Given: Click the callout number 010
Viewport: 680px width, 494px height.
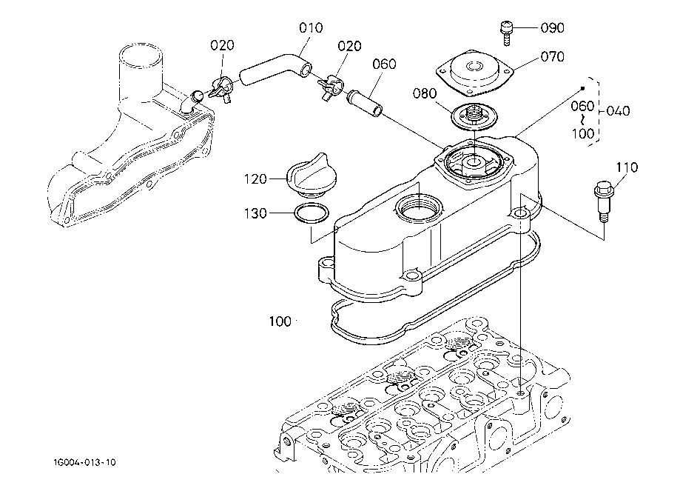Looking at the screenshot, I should (311, 28).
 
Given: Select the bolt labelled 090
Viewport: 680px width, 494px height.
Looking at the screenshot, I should (506, 29).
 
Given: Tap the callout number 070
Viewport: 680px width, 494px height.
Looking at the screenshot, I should (551, 57).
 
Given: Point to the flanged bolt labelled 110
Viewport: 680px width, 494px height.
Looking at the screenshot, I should (602, 199).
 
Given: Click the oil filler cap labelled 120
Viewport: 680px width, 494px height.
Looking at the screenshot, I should (308, 175).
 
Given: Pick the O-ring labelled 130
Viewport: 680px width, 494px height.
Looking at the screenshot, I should (311, 214).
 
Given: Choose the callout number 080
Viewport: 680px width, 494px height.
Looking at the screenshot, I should (425, 94).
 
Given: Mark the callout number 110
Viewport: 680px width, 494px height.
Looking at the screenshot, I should (626, 168).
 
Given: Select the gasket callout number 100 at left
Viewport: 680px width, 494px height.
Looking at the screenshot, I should (280, 321).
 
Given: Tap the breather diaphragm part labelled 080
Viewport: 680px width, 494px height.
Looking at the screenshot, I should (471, 116).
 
